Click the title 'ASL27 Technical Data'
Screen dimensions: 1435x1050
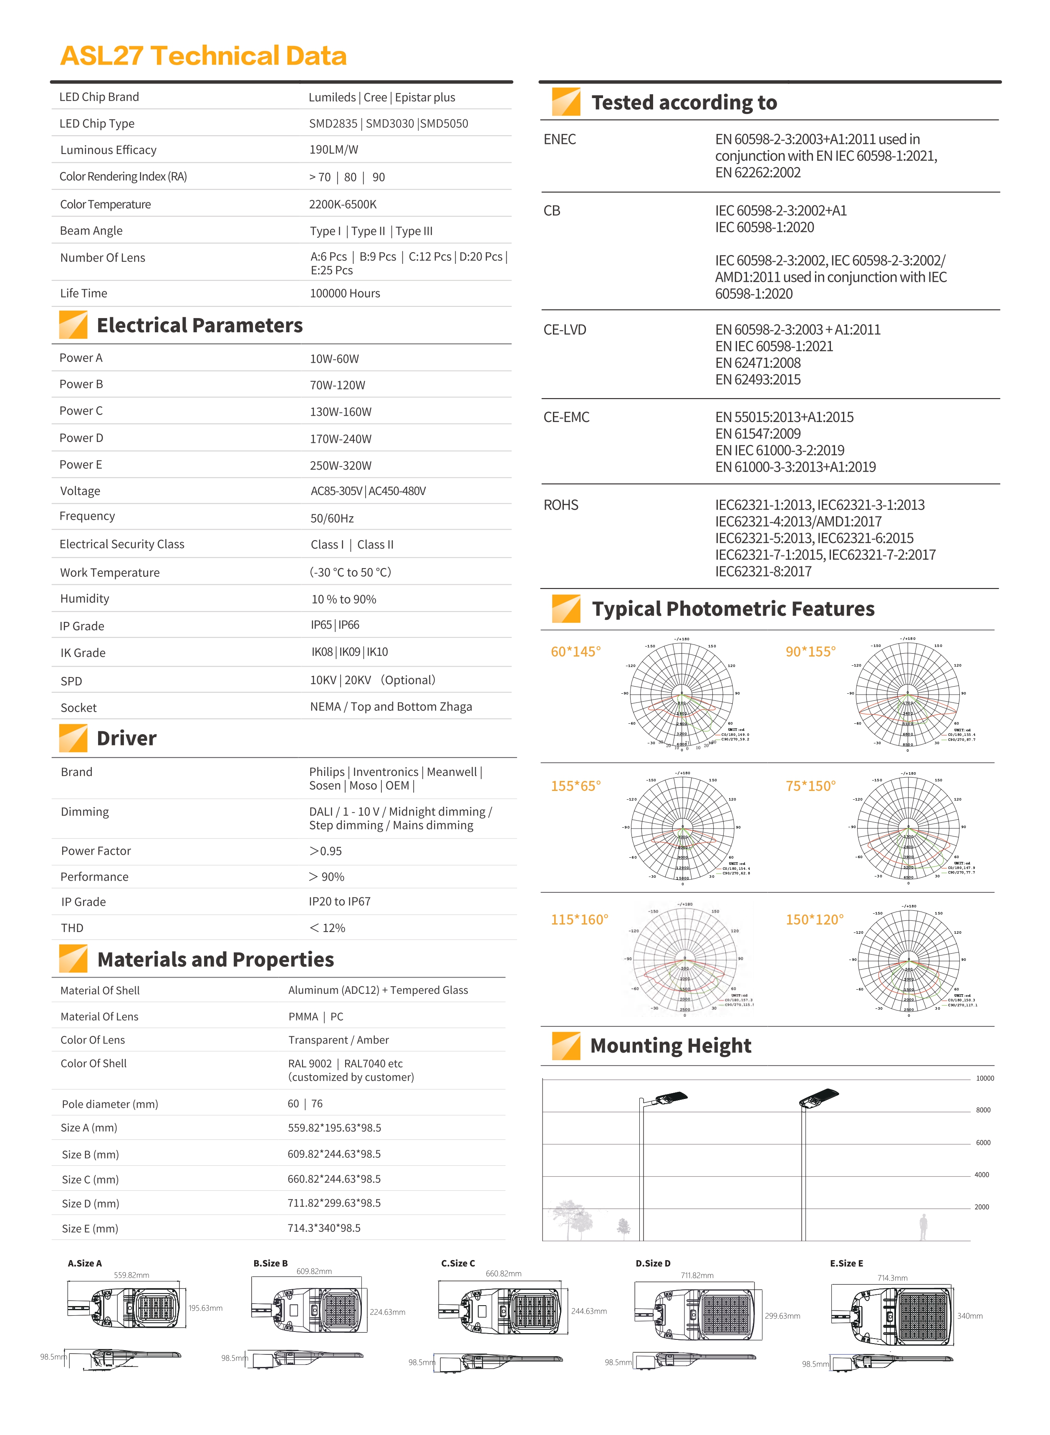pos(203,56)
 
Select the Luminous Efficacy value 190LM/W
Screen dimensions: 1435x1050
pos(334,149)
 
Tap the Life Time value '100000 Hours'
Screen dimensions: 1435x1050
pos(344,293)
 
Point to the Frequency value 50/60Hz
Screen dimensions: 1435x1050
pos(332,518)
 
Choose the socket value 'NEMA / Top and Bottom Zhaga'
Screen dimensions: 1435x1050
pos(391,707)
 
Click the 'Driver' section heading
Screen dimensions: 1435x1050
pos(126,738)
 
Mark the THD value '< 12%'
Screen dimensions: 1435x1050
pos(327,928)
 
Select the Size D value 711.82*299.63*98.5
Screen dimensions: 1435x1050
pos(334,1203)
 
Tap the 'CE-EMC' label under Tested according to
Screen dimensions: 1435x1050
pos(566,417)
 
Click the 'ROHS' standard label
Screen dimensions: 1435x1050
pos(560,505)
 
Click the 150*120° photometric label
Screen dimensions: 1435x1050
pos(814,920)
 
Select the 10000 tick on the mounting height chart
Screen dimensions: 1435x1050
pos(984,1079)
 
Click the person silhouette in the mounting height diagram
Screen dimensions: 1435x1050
pos(923,1227)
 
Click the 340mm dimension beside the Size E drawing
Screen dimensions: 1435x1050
pos(969,1316)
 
